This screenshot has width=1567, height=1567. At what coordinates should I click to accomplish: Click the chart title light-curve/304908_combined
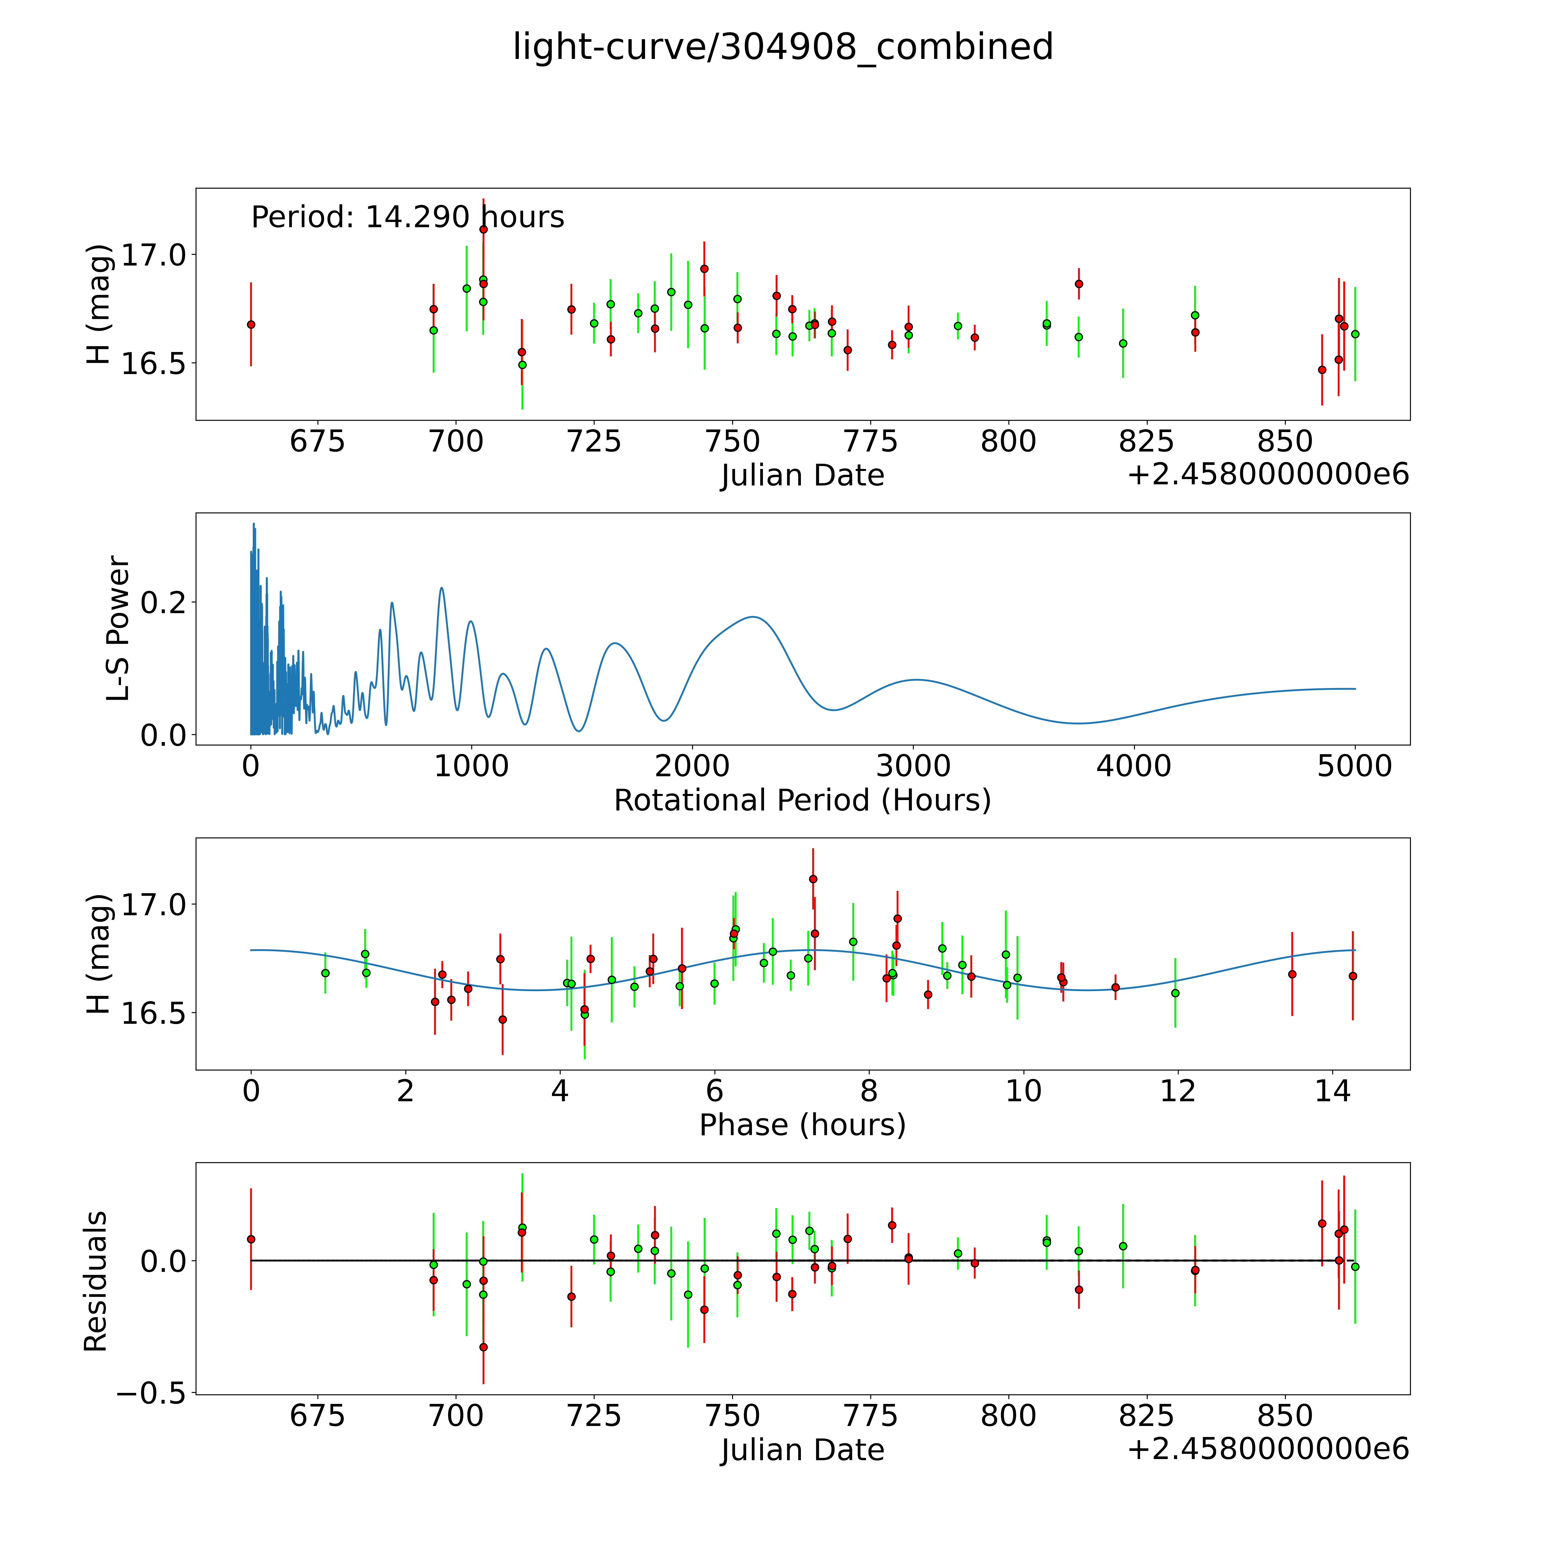[783, 47]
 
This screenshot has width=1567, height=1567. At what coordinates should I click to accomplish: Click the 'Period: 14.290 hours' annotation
[407, 217]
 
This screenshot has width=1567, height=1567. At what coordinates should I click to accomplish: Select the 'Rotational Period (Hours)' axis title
[802, 801]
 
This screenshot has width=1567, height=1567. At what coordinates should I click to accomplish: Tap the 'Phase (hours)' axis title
[802, 1125]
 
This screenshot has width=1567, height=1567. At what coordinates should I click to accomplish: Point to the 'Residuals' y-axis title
[96, 1281]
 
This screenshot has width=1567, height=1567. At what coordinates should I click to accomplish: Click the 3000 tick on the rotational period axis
[913, 766]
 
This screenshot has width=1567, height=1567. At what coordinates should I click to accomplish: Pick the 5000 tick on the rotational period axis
[1355, 766]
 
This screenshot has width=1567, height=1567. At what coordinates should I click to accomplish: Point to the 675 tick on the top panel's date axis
[317, 442]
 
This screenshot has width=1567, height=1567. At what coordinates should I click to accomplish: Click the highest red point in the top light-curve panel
[483, 230]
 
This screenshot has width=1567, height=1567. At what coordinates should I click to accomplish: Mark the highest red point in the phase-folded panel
[813, 878]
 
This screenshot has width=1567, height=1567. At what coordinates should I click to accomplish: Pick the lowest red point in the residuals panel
[483, 1347]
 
